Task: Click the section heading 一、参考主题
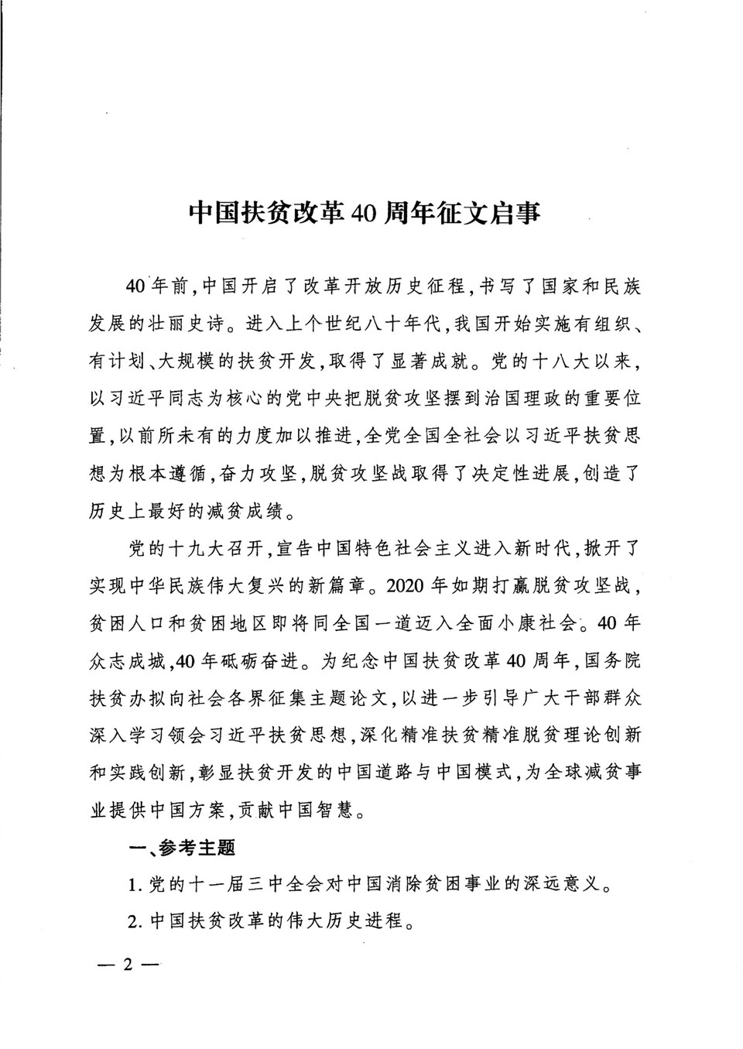[182, 848]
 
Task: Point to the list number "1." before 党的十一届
[135, 884]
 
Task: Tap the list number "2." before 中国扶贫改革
[135, 921]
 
